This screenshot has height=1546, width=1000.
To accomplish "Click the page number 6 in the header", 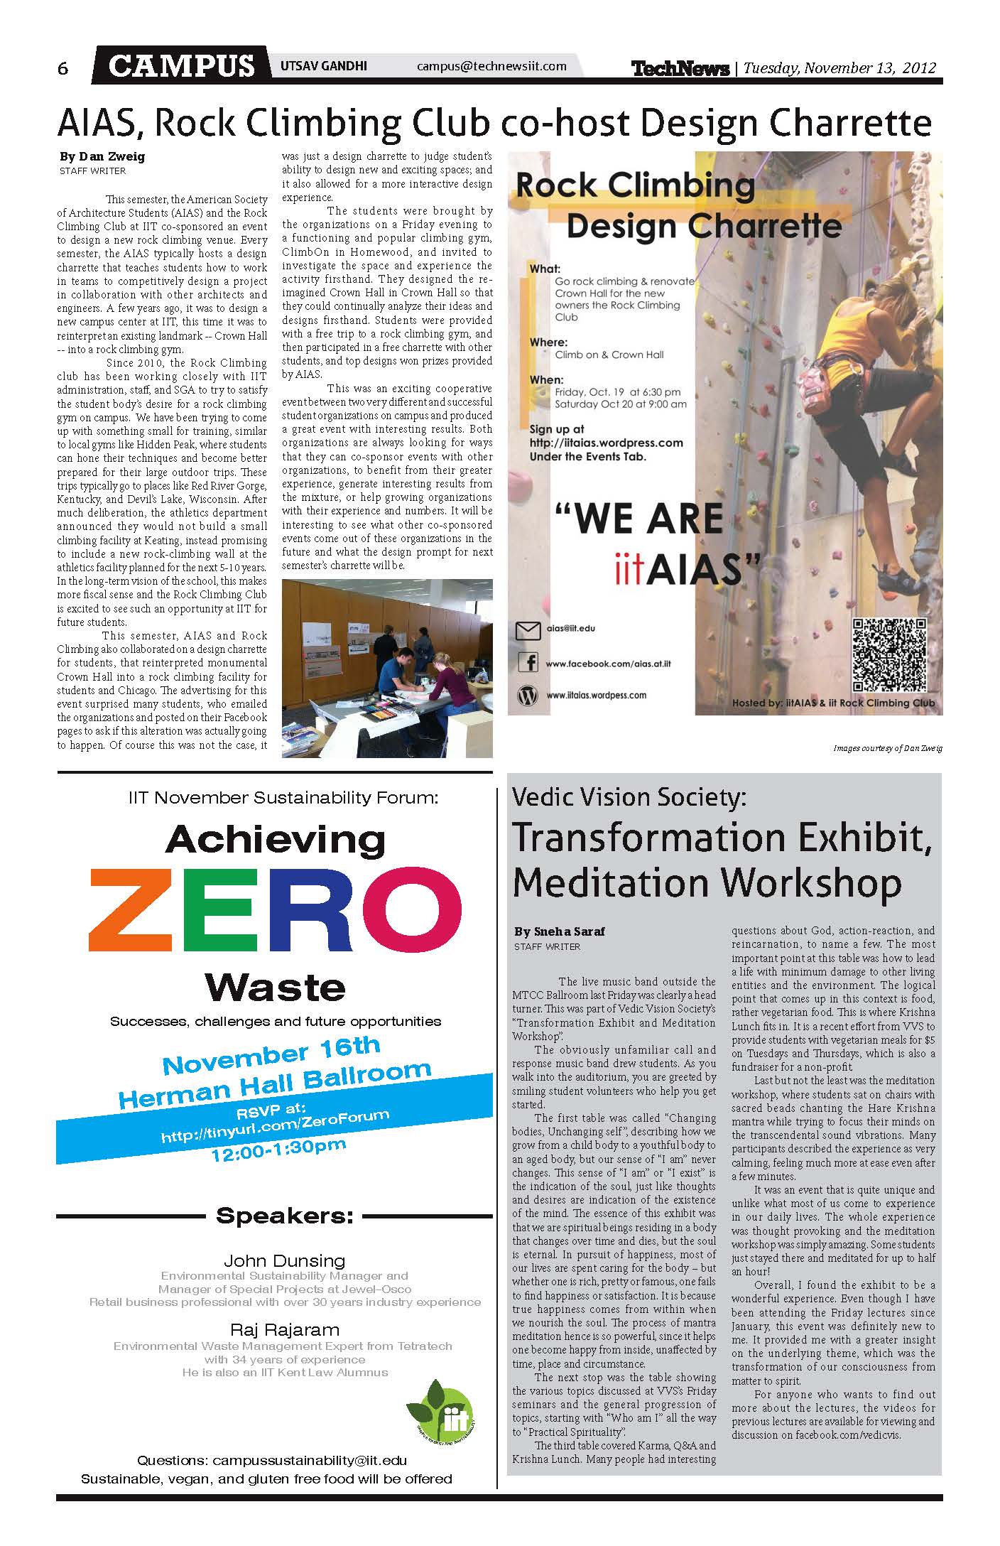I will (x=63, y=68).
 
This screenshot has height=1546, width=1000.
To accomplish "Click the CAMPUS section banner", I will (x=182, y=67).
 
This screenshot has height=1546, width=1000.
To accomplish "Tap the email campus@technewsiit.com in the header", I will (x=491, y=66).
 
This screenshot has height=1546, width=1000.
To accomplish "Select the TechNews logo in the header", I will (x=680, y=68).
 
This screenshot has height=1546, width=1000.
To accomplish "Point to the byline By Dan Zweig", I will (x=102, y=157).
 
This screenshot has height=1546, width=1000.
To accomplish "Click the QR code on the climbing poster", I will (x=889, y=655).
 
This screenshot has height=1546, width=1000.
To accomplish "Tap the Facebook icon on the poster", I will (x=528, y=663).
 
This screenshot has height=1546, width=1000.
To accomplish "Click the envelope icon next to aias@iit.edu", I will (x=528, y=629).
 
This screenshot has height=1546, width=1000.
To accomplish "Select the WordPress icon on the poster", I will (x=528, y=696).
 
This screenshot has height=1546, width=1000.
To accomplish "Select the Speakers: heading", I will (x=284, y=1215).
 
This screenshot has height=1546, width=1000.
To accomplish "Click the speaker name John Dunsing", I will (x=284, y=1260).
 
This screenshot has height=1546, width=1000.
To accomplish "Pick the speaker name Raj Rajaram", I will (x=284, y=1329).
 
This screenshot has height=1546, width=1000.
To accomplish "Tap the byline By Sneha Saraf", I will (x=560, y=931).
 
